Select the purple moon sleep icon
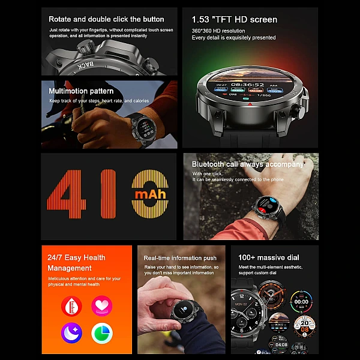(x=71, y=333)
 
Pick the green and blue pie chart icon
(x=102, y=333)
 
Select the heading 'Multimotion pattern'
(x=81, y=91)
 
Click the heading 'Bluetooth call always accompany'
(x=248, y=164)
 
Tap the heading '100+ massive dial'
(x=268, y=257)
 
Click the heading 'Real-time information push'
(x=180, y=258)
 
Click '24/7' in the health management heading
(x=56, y=258)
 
